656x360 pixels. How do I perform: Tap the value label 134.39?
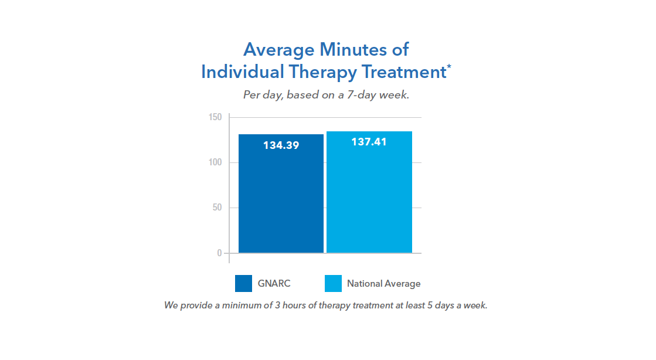pos(281,145)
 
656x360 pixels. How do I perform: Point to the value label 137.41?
pos(369,142)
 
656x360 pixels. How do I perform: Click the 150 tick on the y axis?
pos(215,117)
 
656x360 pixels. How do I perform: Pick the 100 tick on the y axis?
pos(215,162)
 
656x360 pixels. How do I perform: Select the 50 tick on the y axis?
pos(217,208)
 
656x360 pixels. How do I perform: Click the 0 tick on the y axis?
pos(219,253)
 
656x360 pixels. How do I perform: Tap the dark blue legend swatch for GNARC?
pos(243,283)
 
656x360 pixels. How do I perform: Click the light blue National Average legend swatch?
pos(332,283)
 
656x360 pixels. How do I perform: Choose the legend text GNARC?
pos(274,284)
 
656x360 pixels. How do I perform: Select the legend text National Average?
pos(383,284)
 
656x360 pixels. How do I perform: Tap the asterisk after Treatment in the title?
pos(449,66)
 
